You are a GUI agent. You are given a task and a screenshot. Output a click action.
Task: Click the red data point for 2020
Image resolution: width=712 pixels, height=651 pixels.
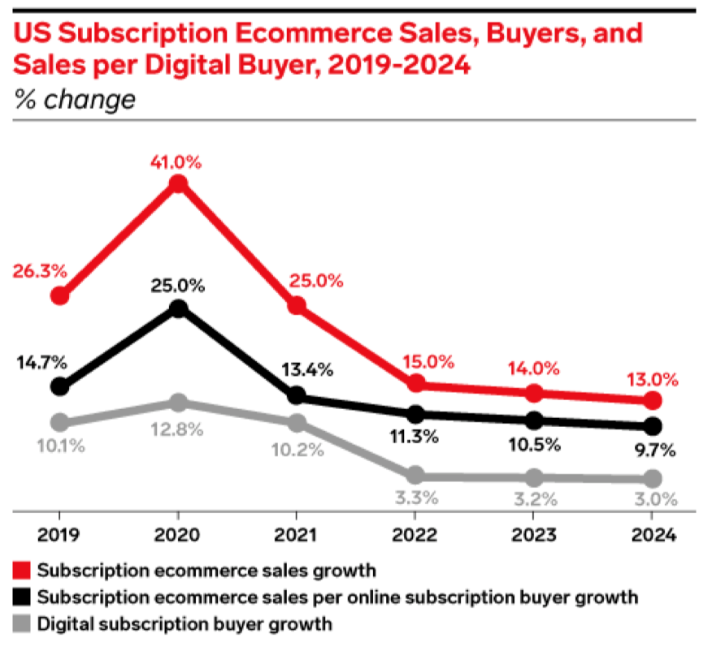point(178,184)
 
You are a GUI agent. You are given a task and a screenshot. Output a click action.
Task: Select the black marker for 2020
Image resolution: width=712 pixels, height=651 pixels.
point(178,308)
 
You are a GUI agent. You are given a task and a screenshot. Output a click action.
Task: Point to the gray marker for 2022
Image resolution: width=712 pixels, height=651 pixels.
point(415,475)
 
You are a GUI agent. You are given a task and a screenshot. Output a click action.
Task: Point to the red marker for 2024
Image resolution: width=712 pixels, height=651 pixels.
point(653,400)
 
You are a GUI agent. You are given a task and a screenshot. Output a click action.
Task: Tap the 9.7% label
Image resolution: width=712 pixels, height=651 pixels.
point(653,451)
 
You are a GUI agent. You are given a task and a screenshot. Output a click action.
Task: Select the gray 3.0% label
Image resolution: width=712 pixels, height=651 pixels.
point(653,501)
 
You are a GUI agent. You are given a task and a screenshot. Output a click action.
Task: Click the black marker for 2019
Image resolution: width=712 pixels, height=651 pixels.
point(59,386)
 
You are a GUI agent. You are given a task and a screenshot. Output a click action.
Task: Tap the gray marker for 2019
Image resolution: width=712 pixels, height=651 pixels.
point(59,422)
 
